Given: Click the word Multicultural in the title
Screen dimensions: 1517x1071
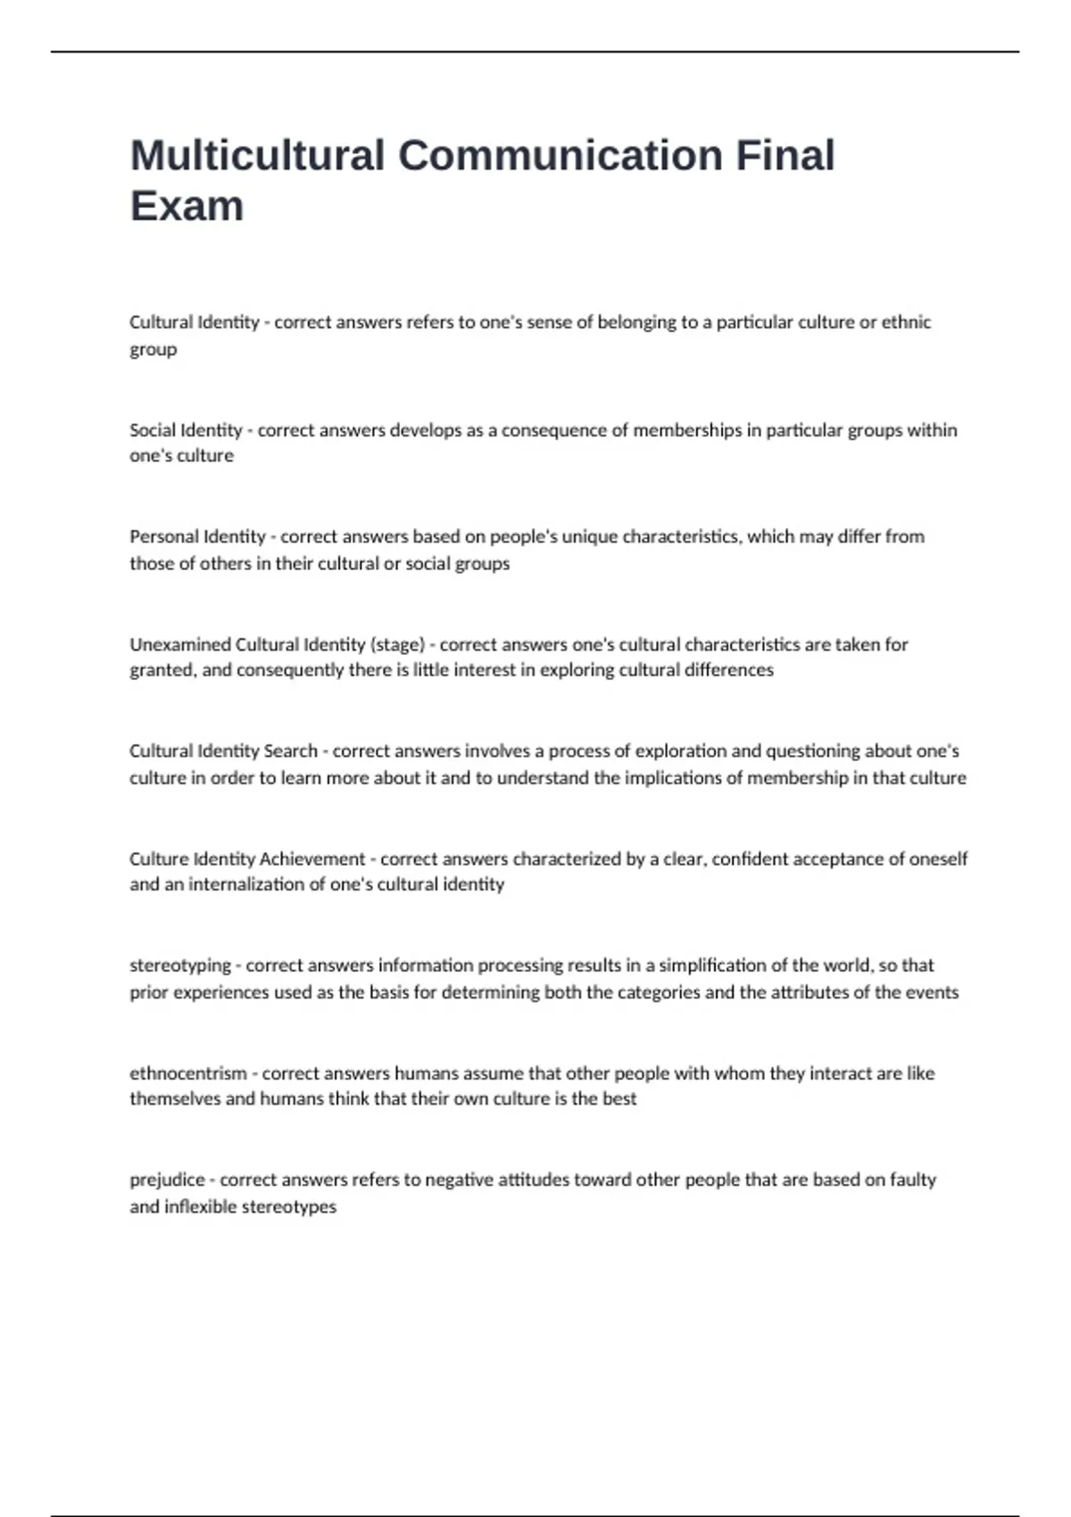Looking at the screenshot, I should tap(257, 155).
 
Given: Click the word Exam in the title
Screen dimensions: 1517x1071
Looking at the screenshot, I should tap(187, 206).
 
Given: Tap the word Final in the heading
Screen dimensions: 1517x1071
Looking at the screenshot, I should tap(785, 155).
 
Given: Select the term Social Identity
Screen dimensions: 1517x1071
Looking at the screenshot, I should tap(186, 430).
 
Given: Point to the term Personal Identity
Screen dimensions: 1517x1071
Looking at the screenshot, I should tap(197, 536).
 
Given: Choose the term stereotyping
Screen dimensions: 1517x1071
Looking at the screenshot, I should tap(180, 966).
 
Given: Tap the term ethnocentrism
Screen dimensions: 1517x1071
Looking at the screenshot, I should tap(188, 1073).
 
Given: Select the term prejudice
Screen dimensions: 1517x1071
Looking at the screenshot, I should tap(168, 1180).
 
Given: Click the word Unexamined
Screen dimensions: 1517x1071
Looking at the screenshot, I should tap(179, 644).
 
